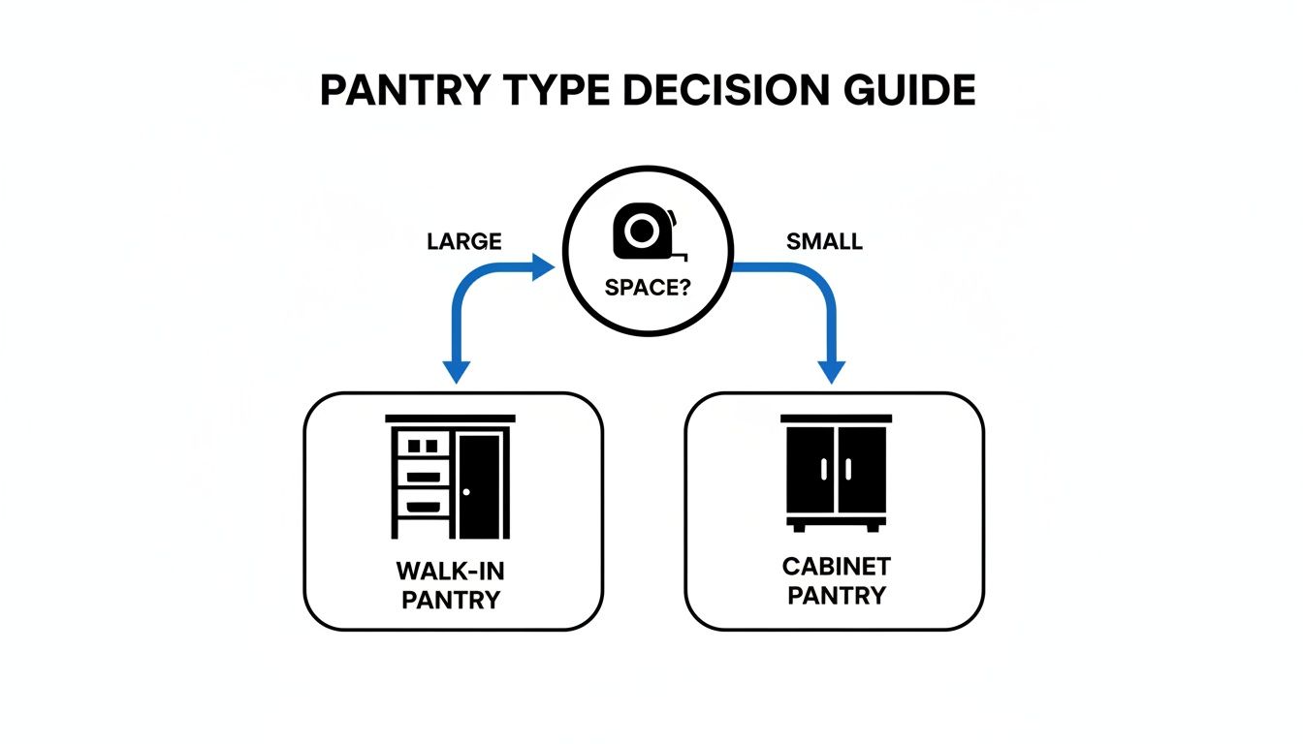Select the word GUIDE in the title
(x=912, y=90)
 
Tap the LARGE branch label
(x=463, y=242)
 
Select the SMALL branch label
(x=824, y=242)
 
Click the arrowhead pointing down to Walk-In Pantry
(x=456, y=372)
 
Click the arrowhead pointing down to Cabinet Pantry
(x=832, y=372)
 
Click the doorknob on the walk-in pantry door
(x=466, y=491)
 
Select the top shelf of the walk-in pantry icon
(x=423, y=446)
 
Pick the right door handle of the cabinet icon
(x=846, y=469)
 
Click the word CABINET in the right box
(x=836, y=566)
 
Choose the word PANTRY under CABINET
(x=836, y=595)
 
